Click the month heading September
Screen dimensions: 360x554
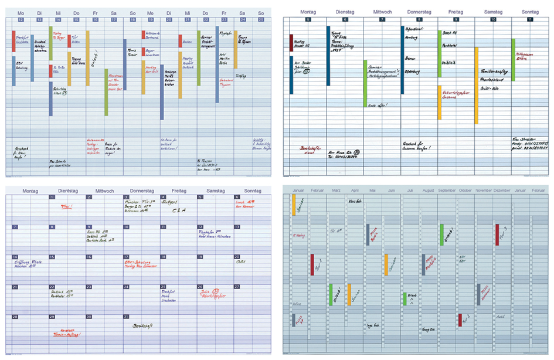coord(446,191)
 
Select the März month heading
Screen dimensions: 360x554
coord(336,191)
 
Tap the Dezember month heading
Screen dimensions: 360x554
coord(502,191)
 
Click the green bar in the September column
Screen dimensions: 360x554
coord(441,235)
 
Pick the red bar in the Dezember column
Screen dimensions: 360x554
coord(497,235)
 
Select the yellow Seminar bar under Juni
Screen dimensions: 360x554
coord(386,264)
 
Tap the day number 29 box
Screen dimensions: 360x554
coord(52,317)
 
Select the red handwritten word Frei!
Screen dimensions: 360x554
coord(66,206)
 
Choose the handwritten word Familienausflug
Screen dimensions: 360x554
coord(494,72)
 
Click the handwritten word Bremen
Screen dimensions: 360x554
coord(410,59)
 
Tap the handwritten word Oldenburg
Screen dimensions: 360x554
coord(413,72)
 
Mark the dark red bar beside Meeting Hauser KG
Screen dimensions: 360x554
coord(291,43)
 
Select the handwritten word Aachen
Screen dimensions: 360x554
coord(188,42)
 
